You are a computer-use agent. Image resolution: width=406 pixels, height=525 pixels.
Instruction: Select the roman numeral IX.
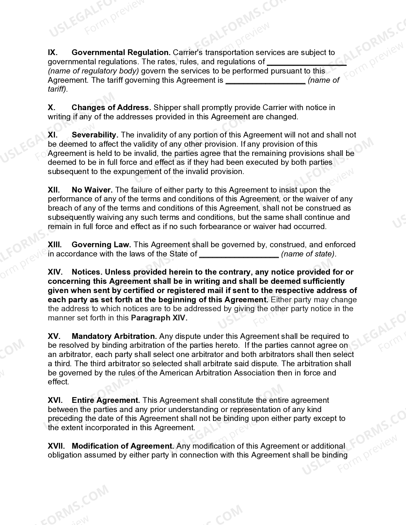pyautogui.click(x=53, y=52)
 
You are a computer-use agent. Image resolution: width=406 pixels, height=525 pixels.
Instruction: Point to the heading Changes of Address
pyautogui.click(x=111, y=108)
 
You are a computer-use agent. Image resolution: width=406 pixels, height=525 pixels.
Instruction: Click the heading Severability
pyautogui.click(x=95, y=135)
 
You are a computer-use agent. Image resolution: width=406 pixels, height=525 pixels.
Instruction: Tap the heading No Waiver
pyautogui.click(x=92, y=190)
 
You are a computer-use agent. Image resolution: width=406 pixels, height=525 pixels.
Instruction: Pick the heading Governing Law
pyautogui.click(x=101, y=245)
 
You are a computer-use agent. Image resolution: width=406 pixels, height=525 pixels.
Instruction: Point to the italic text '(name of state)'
pyautogui.click(x=309, y=254)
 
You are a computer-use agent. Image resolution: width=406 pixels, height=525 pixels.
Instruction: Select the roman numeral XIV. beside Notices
pyautogui.click(x=55, y=272)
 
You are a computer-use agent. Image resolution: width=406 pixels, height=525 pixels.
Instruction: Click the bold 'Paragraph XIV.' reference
pyautogui.click(x=159, y=318)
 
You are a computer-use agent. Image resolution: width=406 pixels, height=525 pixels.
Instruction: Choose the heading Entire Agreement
pyautogui.click(x=106, y=400)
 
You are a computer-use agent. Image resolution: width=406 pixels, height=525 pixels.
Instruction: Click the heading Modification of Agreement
pyautogui.click(x=123, y=446)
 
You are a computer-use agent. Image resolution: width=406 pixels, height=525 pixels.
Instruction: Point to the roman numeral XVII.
pyautogui.click(x=56, y=446)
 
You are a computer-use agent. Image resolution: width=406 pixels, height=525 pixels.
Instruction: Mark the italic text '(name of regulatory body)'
pyautogui.click(x=93, y=71)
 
